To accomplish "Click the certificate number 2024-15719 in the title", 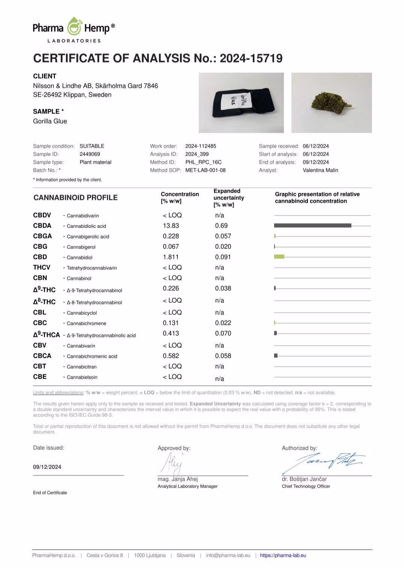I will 251,58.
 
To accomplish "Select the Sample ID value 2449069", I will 90,154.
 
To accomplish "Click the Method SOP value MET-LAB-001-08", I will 205,170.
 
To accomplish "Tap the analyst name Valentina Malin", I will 320,170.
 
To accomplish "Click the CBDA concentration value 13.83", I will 171,226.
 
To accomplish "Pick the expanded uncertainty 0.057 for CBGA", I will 223,236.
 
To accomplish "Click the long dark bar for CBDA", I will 312,226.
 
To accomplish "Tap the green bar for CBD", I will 279,257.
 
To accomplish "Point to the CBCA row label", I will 42,356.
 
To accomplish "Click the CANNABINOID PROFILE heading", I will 75,198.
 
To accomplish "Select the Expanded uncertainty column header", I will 229,198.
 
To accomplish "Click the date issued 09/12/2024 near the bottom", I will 47,467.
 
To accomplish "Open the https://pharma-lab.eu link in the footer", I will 283,555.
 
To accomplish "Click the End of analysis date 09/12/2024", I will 316,162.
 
